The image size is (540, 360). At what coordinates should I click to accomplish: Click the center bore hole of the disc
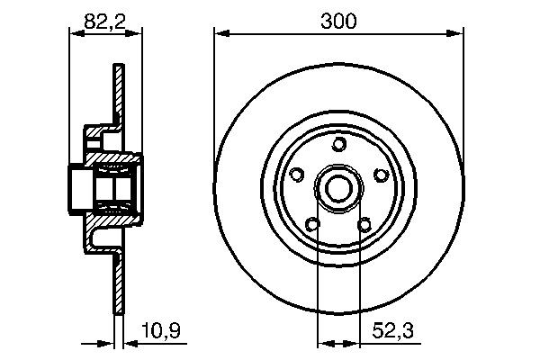(x=338, y=188)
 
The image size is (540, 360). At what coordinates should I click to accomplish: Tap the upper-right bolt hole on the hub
(x=381, y=175)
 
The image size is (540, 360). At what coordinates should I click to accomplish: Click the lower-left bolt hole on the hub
(x=312, y=224)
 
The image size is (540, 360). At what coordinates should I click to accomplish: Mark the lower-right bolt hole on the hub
(x=364, y=224)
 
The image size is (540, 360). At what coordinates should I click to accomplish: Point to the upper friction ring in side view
(x=117, y=94)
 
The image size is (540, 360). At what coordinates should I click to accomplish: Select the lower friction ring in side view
(x=117, y=279)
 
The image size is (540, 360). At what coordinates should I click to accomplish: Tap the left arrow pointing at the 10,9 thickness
(x=107, y=343)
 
